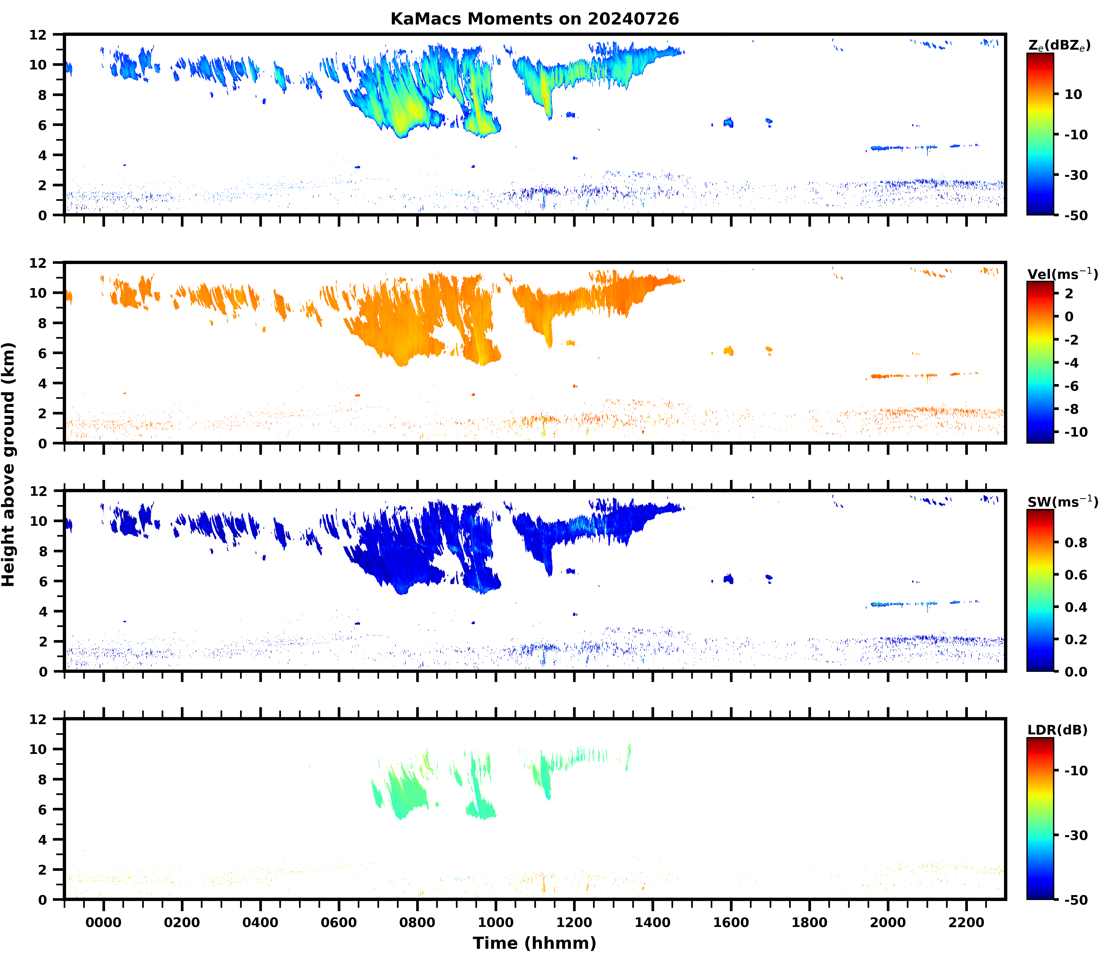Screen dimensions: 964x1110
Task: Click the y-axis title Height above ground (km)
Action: (9, 464)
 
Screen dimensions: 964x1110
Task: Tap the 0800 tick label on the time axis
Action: (417, 923)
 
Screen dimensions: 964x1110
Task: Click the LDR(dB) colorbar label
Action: (1057, 730)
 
